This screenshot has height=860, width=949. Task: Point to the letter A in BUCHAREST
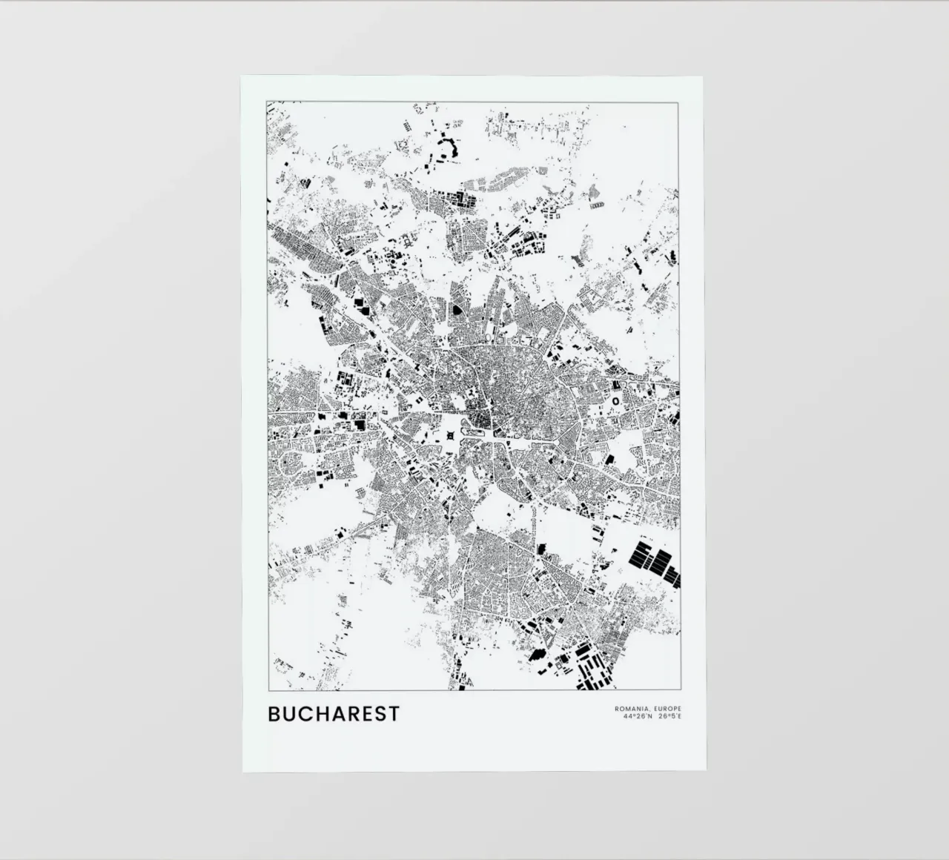(338, 714)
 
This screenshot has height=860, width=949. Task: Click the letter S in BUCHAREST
(380, 714)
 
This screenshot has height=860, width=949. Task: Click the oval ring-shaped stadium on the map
(615, 400)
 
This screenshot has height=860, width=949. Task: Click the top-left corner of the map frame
(267, 102)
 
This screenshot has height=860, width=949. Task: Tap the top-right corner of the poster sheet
(704, 76)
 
